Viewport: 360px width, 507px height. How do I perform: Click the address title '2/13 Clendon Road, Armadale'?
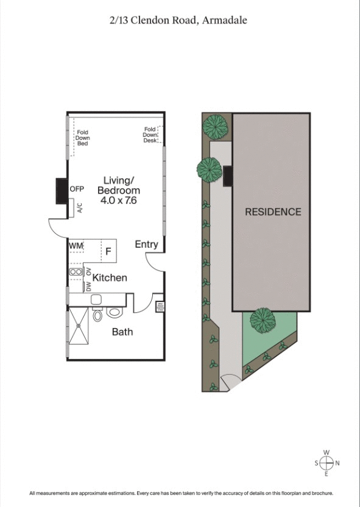(x=178, y=20)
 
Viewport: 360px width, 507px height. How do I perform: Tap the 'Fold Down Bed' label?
(x=83, y=138)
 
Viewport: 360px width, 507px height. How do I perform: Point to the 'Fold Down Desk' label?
(x=150, y=135)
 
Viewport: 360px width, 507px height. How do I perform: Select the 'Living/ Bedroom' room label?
(x=118, y=186)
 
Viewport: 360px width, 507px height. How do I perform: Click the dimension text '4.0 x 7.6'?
(x=118, y=200)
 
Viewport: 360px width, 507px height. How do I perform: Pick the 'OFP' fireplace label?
(x=77, y=189)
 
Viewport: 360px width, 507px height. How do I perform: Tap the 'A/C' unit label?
(x=79, y=208)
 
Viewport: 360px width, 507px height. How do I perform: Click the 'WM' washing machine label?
(x=76, y=245)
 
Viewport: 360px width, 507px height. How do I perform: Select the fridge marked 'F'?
(x=108, y=250)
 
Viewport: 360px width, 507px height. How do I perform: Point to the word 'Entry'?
(x=146, y=245)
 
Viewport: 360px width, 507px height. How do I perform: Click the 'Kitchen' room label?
(x=110, y=278)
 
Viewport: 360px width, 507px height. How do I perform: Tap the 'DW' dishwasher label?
(x=88, y=285)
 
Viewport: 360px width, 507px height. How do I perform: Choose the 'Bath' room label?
(x=122, y=332)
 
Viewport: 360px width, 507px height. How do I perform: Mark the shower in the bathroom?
(x=79, y=326)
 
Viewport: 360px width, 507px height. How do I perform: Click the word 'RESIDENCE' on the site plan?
(x=273, y=212)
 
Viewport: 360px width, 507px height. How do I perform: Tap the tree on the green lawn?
(x=263, y=318)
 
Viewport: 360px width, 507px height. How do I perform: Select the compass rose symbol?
(x=326, y=463)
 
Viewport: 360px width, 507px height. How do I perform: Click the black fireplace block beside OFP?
(x=62, y=191)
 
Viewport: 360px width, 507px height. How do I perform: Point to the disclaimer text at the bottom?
(x=180, y=492)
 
